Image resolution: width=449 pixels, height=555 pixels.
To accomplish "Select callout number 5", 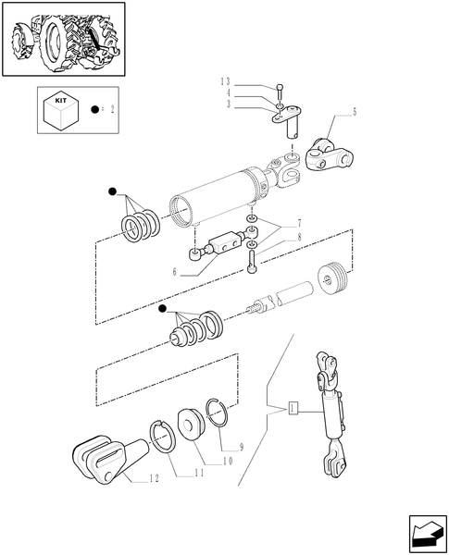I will point(353,112).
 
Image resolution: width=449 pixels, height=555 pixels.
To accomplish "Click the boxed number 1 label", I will point(293,407).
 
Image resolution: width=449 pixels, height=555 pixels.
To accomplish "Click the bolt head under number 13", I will point(280,89).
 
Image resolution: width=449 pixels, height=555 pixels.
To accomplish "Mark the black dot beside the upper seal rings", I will point(113,191).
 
